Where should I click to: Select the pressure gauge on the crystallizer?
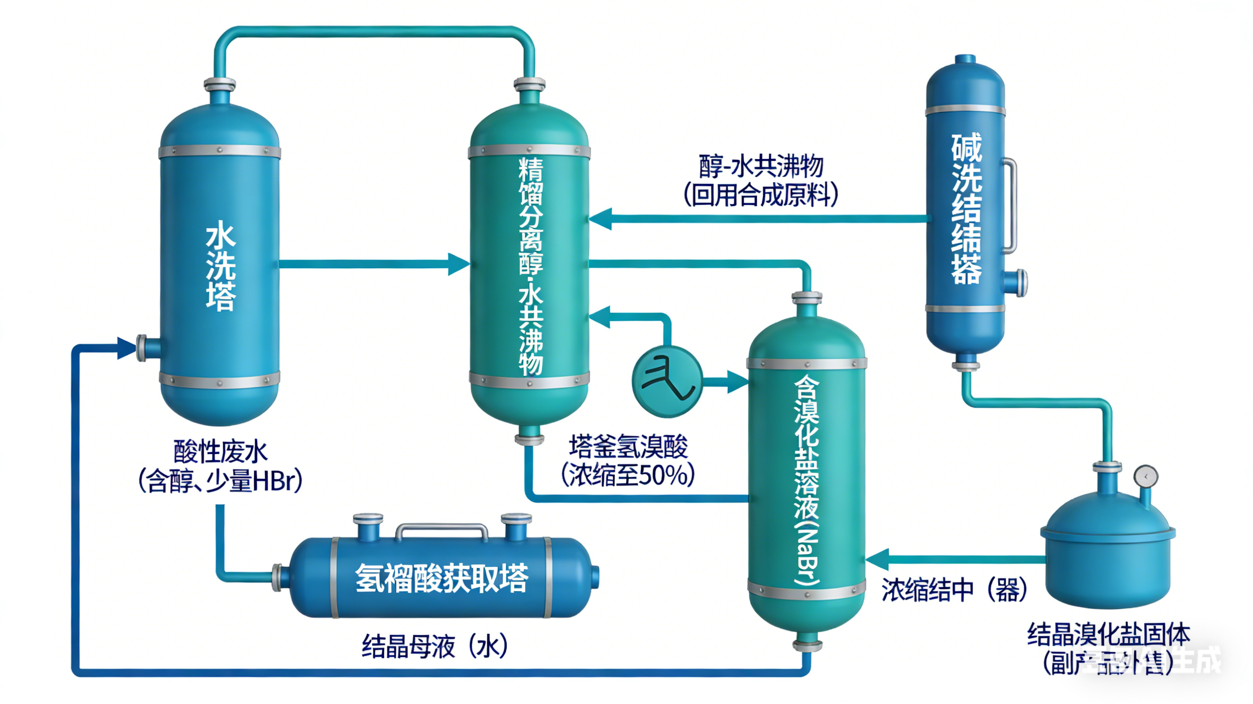(1146, 477)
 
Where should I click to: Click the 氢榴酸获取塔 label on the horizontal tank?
(442, 578)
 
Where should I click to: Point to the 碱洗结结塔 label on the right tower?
(966, 209)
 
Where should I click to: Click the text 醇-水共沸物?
(761, 167)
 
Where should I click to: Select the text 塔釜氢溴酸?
(628, 447)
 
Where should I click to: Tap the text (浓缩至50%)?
(628, 475)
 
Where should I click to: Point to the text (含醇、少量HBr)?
(220, 481)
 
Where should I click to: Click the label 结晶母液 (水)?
(434, 647)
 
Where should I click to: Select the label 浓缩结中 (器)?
(953, 590)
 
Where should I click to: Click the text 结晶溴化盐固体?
(1108, 634)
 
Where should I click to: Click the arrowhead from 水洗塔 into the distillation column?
(458, 264)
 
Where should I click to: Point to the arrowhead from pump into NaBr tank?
(738, 381)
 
